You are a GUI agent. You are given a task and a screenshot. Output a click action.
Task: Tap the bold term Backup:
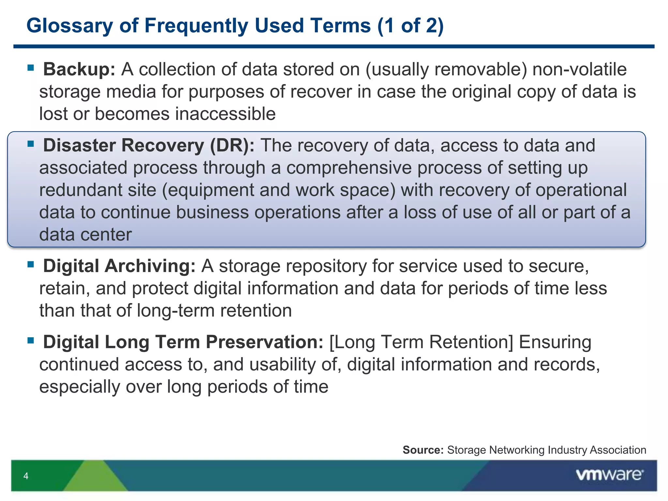pyautogui.click(x=79, y=69)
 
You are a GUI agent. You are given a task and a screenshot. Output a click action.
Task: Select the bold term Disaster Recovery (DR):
pyautogui.click(x=149, y=145)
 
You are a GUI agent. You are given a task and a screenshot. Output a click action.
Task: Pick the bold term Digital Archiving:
pyautogui.click(x=119, y=266)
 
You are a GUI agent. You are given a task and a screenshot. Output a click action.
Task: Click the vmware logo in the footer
pyautogui.click(x=609, y=475)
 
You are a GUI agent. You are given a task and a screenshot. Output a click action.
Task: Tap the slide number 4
pyautogui.click(x=26, y=476)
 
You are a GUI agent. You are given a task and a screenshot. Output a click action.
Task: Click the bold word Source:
pyautogui.click(x=423, y=450)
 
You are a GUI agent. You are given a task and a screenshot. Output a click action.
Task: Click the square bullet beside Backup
pyautogui.click(x=31, y=68)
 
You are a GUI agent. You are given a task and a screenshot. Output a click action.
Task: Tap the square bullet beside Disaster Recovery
pyautogui.click(x=31, y=144)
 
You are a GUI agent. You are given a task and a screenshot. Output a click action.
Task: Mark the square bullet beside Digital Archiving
pyautogui.click(x=31, y=264)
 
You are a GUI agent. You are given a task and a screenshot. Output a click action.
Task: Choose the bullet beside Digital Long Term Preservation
pyautogui.click(x=31, y=341)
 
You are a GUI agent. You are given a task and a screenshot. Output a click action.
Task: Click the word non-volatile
pyautogui.click(x=579, y=69)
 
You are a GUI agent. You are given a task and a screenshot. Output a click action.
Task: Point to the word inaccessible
pyautogui.click(x=225, y=114)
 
